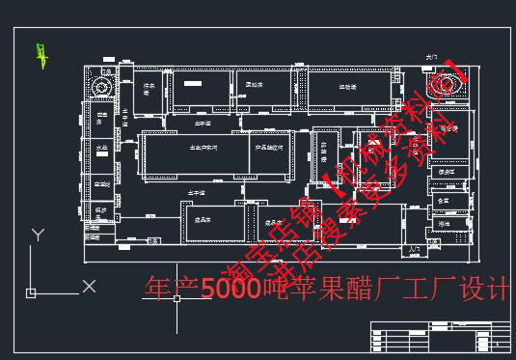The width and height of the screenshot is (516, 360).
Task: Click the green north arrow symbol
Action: [41, 56]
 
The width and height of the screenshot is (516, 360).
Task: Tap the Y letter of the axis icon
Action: [38, 235]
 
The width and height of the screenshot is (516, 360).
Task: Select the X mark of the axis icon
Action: [89, 286]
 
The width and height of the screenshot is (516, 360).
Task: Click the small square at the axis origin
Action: [32, 291]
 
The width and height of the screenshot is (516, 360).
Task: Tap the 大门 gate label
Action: [431, 59]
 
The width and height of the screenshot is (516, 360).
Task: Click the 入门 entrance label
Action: [416, 248]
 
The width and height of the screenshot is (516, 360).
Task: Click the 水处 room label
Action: [101, 148]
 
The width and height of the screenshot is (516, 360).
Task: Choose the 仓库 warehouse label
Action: [444, 200]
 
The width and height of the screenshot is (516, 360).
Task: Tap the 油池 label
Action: [444, 223]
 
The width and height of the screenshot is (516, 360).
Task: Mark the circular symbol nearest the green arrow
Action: [100, 87]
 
